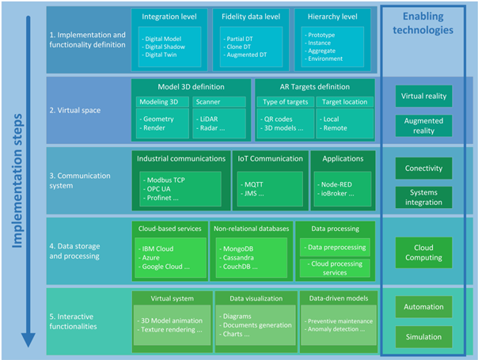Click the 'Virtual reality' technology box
point(423,96)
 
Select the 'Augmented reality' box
point(423,126)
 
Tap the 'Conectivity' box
point(423,168)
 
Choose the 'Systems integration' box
point(423,197)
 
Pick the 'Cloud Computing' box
point(423,252)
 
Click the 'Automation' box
point(423,307)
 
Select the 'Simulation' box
point(423,337)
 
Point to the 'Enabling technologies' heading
point(423,23)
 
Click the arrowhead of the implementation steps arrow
point(28,339)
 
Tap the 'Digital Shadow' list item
point(165,47)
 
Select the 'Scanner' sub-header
point(208,102)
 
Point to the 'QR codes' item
point(278,119)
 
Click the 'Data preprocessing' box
point(335,247)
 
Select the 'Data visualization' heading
point(256,298)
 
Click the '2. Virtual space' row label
point(75,110)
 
